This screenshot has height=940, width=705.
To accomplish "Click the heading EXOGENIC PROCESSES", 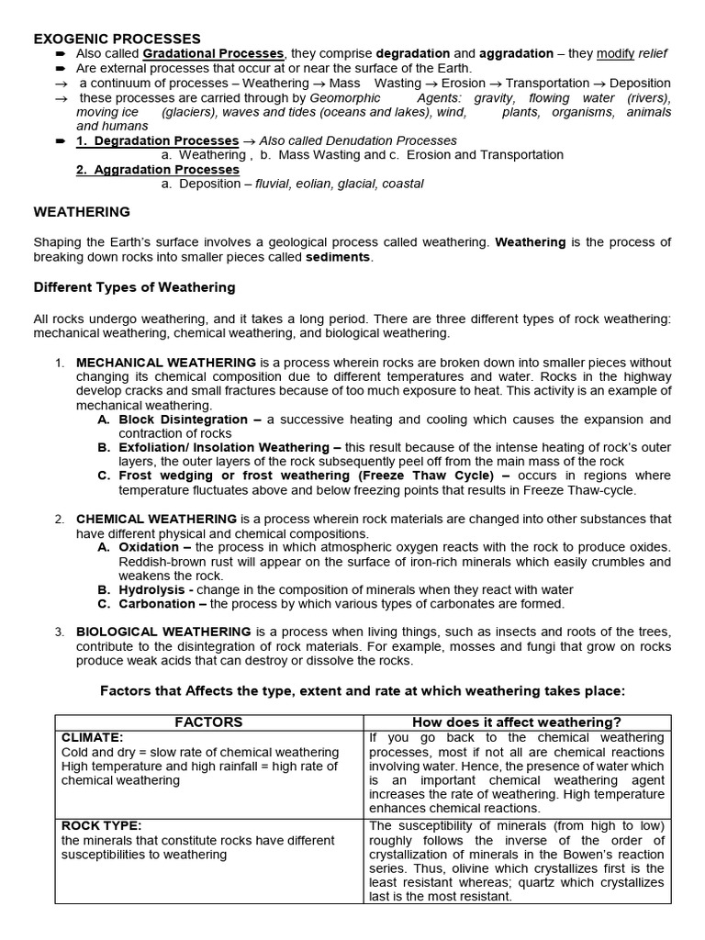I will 117,39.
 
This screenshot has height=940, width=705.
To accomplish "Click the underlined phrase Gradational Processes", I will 214,54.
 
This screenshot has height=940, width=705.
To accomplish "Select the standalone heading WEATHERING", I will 82,212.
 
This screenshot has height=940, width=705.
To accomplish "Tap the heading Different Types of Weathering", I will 134,287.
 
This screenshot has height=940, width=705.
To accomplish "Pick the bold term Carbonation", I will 157,604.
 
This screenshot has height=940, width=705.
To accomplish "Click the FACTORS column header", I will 210,722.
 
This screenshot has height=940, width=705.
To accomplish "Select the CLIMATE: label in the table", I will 92,737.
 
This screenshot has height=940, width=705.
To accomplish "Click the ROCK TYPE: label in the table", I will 101,825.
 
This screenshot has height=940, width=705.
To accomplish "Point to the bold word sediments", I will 338,257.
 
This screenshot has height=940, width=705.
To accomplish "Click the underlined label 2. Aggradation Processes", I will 157,170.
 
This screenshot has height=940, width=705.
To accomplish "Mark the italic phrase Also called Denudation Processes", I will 358,140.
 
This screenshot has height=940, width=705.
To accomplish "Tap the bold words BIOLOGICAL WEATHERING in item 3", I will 163,632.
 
